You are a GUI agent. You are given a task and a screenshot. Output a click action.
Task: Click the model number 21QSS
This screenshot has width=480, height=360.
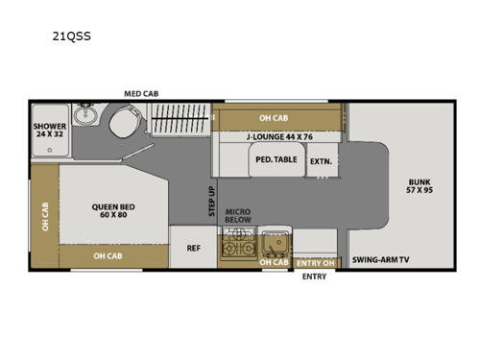[x=72, y=40]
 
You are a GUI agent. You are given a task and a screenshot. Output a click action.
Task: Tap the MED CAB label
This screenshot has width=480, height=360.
[x=140, y=93]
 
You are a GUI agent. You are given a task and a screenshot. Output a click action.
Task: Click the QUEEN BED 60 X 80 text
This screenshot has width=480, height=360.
[x=111, y=209]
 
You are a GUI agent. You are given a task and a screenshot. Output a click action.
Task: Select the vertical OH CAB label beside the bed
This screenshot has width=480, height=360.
[x=44, y=216]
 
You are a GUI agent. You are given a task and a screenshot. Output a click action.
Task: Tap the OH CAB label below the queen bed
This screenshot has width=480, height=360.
[x=108, y=255]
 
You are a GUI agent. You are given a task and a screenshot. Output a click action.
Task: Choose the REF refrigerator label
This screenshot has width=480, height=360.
[x=193, y=248]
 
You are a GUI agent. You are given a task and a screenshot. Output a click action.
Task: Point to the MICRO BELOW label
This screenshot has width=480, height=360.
[x=237, y=216]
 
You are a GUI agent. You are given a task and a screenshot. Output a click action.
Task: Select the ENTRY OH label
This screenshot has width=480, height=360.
[x=315, y=262]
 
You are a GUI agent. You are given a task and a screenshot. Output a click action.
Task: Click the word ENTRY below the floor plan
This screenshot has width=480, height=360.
[x=314, y=276]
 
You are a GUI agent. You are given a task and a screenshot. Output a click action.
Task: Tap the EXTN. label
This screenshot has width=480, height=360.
[x=320, y=161]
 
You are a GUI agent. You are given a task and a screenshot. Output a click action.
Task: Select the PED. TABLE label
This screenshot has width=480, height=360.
[x=275, y=160]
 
